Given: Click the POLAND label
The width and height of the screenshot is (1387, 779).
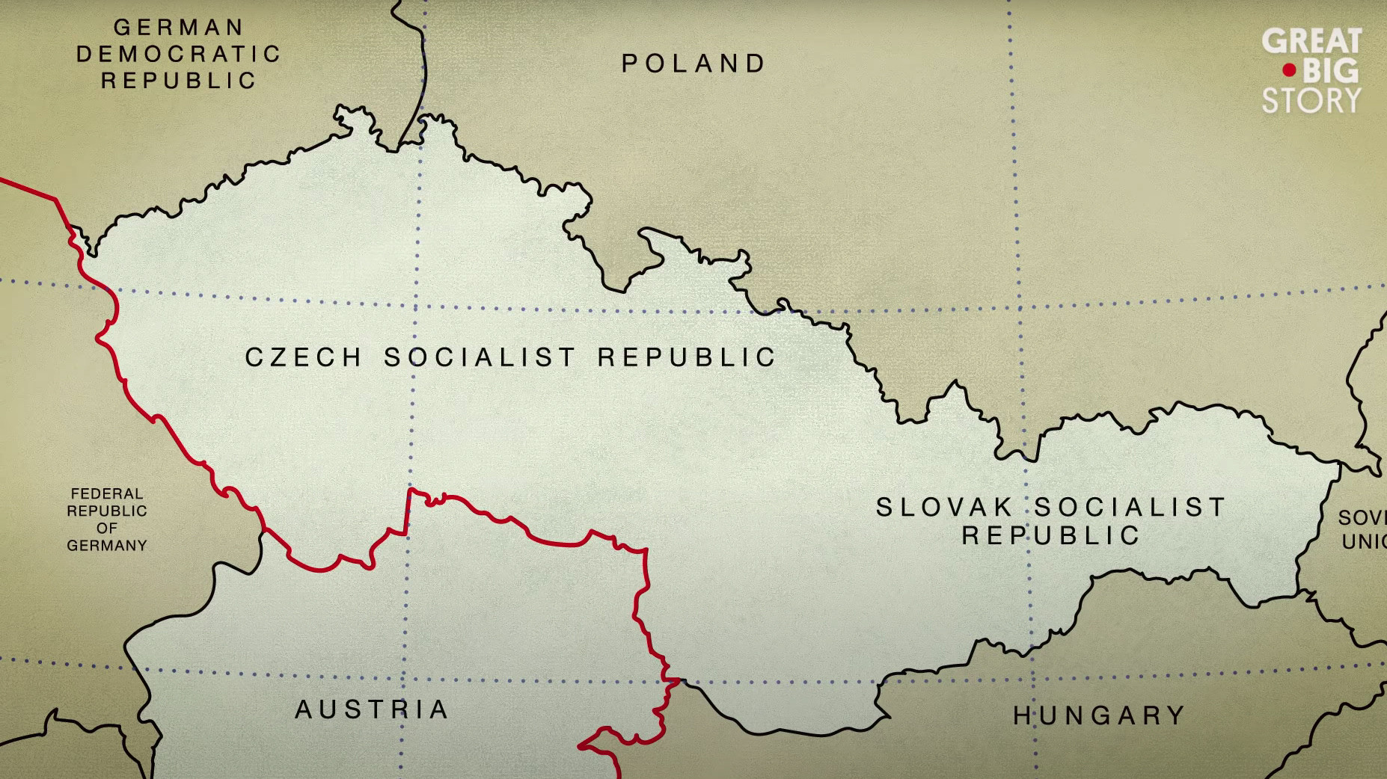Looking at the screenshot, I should [693, 64].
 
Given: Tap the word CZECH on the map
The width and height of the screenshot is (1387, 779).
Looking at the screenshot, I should [304, 358].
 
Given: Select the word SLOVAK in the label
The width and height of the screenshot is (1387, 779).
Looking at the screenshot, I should [944, 508].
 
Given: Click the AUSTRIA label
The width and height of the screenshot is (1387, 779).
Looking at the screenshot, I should [372, 709].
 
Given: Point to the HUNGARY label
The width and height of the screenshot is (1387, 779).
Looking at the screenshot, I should [1099, 716].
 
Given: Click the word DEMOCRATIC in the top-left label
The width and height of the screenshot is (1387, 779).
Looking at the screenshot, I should [178, 55].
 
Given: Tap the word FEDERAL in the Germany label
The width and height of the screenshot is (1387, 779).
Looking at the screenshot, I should [107, 494].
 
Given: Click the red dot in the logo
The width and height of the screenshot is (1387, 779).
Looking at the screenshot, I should [1289, 71].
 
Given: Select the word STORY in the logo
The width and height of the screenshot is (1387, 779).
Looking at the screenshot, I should [1311, 101].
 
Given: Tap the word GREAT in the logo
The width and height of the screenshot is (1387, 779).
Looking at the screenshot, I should [1311, 41].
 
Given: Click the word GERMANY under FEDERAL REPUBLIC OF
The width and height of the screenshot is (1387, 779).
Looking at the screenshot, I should [107, 546].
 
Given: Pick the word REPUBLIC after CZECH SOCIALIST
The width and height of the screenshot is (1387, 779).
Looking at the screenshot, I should [687, 358].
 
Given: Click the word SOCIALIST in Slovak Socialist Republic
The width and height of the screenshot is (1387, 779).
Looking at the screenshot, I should [1130, 508].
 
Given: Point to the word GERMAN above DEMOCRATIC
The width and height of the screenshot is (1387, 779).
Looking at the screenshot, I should [178, 28].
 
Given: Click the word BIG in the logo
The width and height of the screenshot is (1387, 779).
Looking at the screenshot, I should [1330, 71].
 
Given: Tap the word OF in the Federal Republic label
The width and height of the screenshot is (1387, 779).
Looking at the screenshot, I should [107, 529].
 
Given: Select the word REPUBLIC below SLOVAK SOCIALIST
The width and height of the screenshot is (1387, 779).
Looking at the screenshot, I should [1050, 536].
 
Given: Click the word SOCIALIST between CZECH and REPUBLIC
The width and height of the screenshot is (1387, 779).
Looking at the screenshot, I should [480, 358].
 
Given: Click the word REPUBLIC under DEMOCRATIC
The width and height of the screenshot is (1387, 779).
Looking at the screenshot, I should [178, 81].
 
